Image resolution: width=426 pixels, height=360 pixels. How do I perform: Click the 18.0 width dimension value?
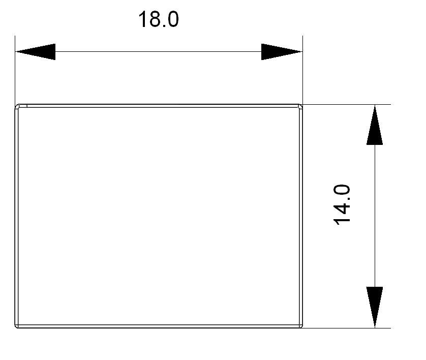pos(159,19)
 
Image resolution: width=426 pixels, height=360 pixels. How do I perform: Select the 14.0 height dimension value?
pos(342,205)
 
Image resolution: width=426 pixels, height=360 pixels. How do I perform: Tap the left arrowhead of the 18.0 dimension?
pos(36,52)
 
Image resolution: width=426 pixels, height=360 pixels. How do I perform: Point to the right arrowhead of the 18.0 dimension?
pos(282,52)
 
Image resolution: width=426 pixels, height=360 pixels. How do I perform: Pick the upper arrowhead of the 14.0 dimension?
pos(375,125)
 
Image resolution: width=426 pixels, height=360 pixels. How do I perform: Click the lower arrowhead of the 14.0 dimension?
pos(375,307)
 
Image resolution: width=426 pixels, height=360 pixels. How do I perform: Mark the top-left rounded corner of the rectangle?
pos(17,106)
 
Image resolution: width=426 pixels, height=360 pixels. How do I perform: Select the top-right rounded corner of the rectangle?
pos(300,106)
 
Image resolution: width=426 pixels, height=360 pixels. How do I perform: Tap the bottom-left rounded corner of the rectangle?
pos(17,326)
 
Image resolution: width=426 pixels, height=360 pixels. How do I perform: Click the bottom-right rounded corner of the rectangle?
pos(300,326)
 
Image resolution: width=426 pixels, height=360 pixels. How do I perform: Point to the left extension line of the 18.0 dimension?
pos(15,70)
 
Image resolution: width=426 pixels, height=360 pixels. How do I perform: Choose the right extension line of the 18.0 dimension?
pos(302,70)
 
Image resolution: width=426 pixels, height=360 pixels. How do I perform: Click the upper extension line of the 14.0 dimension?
pos(347,104)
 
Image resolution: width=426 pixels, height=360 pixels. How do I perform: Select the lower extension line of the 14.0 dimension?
pos(347,328)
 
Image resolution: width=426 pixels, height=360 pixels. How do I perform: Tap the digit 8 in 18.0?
pos(153,19)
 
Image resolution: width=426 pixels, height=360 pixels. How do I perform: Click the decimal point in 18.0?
pos(163,26)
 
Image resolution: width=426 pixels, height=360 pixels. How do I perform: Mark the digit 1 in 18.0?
pos(142,19)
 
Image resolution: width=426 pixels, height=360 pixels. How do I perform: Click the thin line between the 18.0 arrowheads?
pos(159,52)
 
